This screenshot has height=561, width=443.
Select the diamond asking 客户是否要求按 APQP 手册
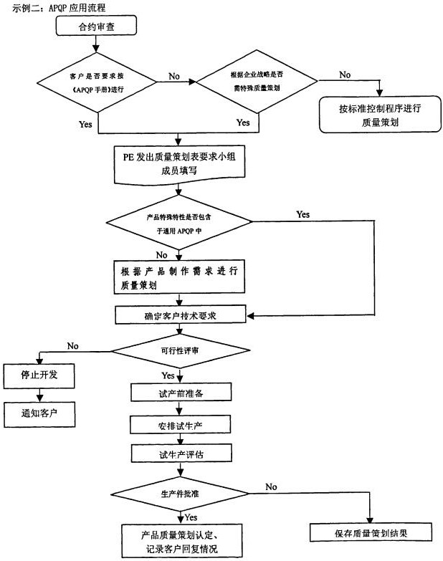click(98, 83)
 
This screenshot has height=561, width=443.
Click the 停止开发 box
click(39, 374)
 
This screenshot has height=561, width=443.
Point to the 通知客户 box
click(39, 413)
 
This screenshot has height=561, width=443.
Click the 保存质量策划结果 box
click(371, 532)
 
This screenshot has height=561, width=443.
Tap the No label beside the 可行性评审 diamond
click(72, 346)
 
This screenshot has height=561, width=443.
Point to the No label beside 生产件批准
click(271, 487)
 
